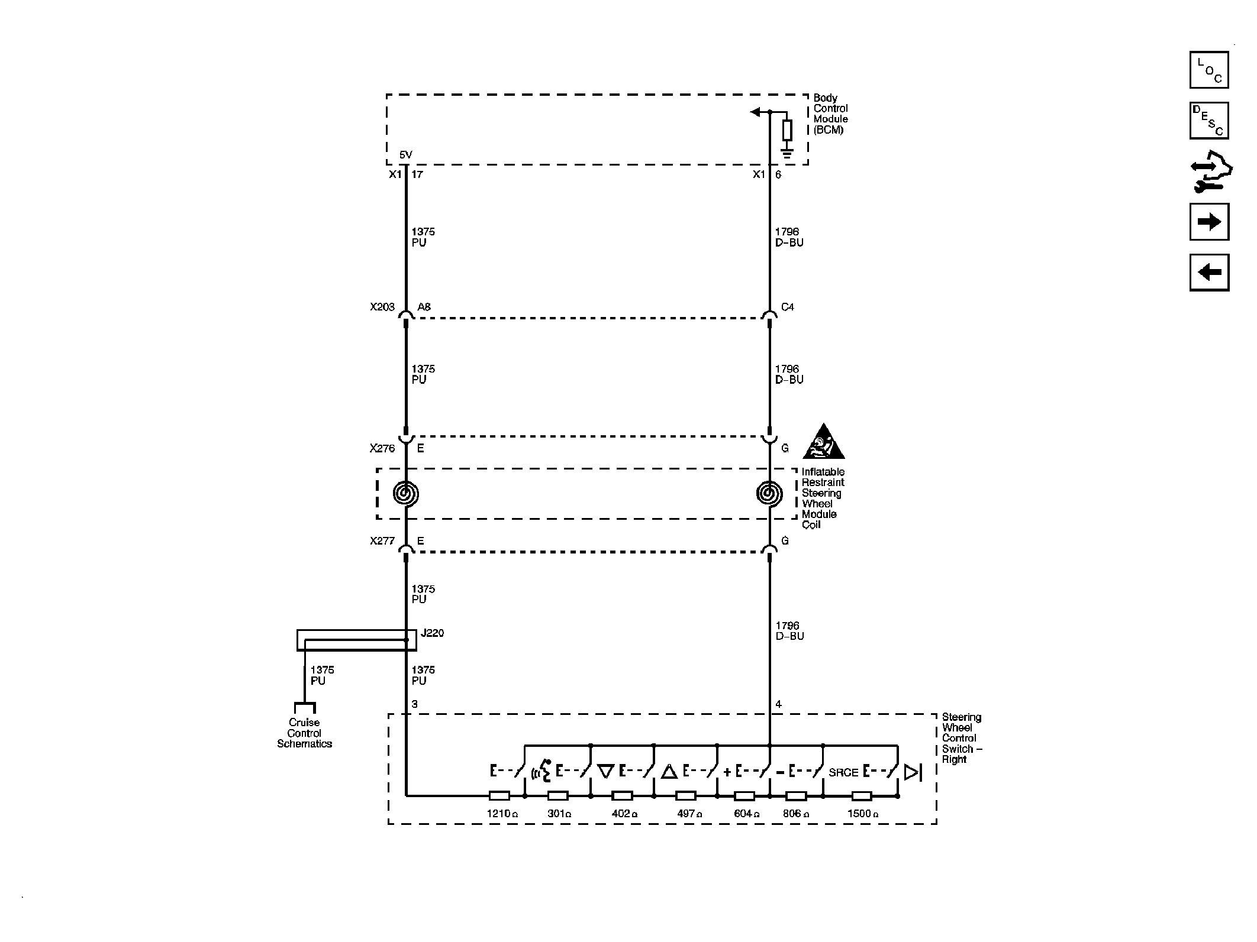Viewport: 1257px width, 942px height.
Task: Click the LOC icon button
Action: [1209, 70]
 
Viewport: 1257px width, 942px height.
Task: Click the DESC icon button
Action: [1209, 121]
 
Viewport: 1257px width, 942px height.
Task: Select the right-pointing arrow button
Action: [1209, 222]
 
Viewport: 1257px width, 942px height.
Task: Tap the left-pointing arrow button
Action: [1209, 273]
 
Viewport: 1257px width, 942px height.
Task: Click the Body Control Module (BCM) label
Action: [830, 114]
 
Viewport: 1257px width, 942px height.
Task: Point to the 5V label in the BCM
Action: [405, 155]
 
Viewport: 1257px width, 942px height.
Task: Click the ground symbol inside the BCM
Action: [787, 155]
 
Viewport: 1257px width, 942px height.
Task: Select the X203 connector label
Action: [382, 307]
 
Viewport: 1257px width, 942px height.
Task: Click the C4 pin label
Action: [788, 307]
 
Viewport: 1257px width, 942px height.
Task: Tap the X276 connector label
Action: [382, 448]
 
